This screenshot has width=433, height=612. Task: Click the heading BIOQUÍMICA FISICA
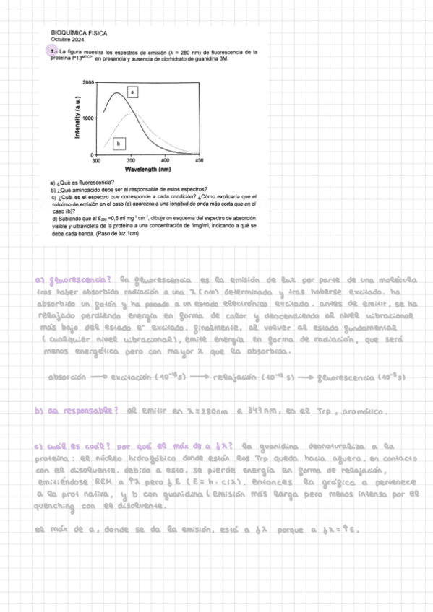tap(80, 33)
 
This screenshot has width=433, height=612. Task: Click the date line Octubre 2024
tap(67, 39)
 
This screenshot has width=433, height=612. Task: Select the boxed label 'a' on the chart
tap(132, 92)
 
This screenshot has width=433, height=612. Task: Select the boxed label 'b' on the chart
tap(121, 143)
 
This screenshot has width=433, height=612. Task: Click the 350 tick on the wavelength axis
tap(131, 161)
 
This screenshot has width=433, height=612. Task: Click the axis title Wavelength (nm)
tap(147, 170)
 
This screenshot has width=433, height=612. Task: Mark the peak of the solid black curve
tap(117, 93)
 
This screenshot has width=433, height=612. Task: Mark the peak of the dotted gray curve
tap(132, 113)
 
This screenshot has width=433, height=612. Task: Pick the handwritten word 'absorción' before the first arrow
tap(67, 377)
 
